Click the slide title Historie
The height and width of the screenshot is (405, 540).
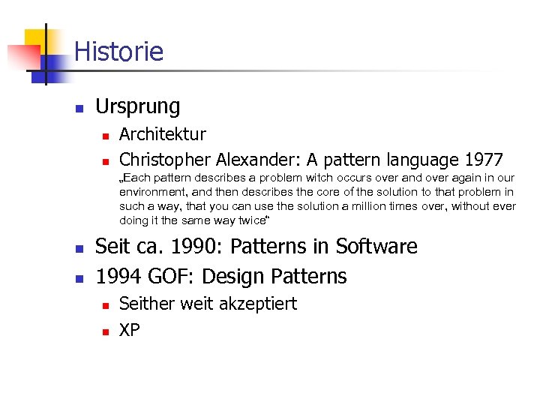[x=118, y=52]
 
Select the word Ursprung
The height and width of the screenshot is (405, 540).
[x=138, y=107]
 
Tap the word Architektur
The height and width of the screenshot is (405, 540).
[x=162, y=135]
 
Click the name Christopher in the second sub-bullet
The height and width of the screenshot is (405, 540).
[x=165, y=160]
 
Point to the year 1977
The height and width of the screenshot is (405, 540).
[x=484, y=160]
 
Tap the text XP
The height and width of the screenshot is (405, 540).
[x=130, y=330]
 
